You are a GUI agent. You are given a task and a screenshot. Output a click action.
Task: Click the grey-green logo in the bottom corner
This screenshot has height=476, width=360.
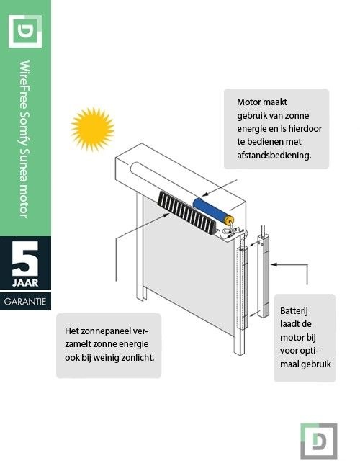[318, 440]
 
